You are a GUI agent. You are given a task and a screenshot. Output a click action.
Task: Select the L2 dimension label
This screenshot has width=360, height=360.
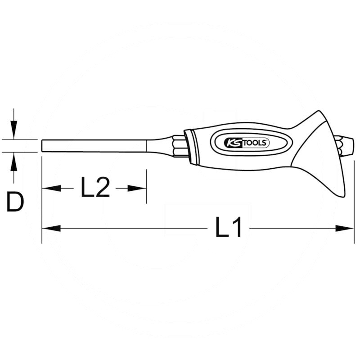[95, 188]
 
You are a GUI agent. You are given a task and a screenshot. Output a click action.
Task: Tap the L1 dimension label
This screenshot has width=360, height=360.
[229, 228]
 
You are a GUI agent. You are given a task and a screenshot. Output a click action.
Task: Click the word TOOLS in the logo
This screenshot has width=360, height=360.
[256, 143]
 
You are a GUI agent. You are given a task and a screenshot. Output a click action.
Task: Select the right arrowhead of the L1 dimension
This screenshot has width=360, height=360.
[345, 229]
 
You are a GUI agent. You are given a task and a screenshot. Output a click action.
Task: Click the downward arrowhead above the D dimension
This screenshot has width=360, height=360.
[14, 131]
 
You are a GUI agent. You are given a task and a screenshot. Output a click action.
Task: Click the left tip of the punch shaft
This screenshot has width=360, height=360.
[42, 146]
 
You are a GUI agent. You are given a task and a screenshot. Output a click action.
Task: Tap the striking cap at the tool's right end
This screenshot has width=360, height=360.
[347, 145]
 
